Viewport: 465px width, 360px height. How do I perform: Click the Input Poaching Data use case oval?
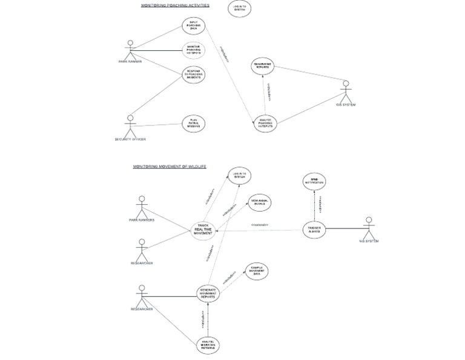click(x=194, y=26)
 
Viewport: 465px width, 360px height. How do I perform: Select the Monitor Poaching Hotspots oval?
click(x=194, y=50)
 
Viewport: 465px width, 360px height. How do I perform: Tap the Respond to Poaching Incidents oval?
click(x=194, y=75)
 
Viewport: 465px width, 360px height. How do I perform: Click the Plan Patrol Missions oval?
click(x=194, y=124)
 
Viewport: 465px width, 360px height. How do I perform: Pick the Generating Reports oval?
click(x=263, y=66)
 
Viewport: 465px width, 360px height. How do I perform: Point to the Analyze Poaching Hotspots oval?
click(x=265, y=123)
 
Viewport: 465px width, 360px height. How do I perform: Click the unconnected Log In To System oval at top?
click(x=240, y=8)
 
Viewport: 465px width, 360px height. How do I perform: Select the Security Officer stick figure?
click(x=130, y=125)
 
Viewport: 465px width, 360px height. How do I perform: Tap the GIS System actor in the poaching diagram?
click(x=346, y=92)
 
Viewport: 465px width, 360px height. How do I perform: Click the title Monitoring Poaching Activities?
click(x=175, y=5)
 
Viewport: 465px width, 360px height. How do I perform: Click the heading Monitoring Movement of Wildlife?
click(x=170, y=167)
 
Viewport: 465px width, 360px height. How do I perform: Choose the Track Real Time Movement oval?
click(x=203, y=230)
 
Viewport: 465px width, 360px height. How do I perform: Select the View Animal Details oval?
click(x=260, y=202)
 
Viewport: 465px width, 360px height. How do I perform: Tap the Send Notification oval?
click(x=314, y=181)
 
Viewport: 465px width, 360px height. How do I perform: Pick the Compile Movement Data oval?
click(x=257, y=272)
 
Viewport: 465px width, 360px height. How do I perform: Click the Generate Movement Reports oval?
click(x=208, y=293)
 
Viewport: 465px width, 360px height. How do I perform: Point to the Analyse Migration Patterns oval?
click(x=208, y=345)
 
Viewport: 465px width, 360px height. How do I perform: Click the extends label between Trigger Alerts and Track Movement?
click(x=259, y=225)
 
